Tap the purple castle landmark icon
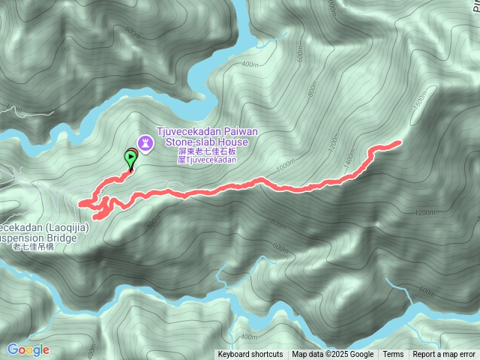(x=144, y=142)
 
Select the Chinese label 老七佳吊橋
(x=34, y=247)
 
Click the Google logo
(x=28, y=349)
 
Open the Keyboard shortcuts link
(x=250, y=355)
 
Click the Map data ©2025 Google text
(x=333, y=355)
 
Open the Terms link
(x=393, y=355)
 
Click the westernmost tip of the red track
(x=80, y=202)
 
